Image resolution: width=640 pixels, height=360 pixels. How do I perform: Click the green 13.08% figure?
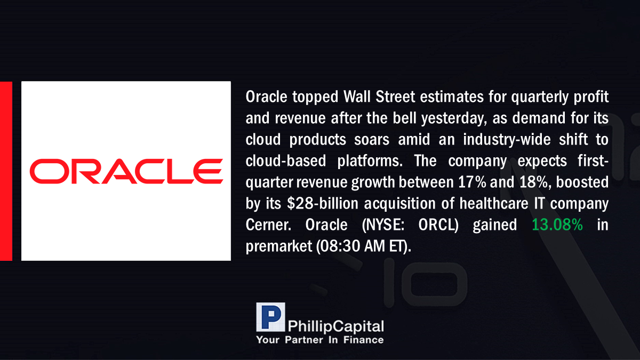coord(557,225)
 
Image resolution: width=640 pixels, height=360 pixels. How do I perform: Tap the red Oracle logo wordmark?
coord(126,171)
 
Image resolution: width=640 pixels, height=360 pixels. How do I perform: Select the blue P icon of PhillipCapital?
coord(270,317)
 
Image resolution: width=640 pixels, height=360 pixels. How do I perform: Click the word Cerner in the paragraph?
coord(268,225)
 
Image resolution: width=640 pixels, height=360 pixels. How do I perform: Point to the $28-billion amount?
coord(323,203)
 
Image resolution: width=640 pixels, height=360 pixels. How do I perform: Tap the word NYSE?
coord(383,225)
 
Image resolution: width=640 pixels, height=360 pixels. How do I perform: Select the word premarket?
coord(279,246)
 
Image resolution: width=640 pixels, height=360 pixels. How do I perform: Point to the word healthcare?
coord(494,203)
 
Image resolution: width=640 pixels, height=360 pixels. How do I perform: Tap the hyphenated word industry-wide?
coord(507,140)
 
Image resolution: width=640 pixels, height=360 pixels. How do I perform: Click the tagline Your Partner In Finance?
coord(319,340)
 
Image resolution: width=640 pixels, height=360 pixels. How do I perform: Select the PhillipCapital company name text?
coord(335,326)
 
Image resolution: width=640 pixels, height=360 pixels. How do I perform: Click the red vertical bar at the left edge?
coord(6,171)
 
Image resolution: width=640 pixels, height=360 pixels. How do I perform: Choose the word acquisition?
coord(399,204)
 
